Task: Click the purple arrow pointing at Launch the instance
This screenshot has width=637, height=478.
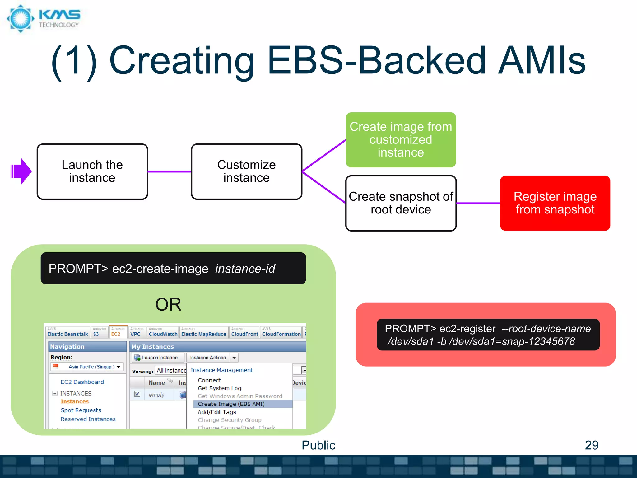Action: point(21,171)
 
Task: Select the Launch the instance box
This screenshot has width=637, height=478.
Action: point(92,171)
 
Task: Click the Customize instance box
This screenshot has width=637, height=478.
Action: point(246,171)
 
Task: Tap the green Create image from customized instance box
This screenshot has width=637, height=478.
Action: point(401,140)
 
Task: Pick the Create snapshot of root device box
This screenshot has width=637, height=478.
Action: point(401,203)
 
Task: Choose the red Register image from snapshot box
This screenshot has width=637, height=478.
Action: point(555,203)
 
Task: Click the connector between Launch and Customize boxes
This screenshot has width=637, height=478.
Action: point(169,171)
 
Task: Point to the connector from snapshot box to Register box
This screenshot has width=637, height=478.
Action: point(478,203)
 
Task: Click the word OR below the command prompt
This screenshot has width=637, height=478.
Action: point(168,304)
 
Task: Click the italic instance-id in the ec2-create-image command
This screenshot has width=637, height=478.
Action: point(245,269)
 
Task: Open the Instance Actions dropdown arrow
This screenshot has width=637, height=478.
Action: point(234,358)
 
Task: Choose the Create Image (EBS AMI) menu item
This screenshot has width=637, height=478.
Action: point(231,404)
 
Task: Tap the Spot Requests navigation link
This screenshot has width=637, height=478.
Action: point(81,410)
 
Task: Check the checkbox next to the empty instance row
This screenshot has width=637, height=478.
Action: point(137,394)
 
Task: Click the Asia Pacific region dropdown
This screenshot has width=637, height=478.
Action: point(87,367)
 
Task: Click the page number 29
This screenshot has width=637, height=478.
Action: point(592,445)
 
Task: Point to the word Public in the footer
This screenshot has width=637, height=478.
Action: point(318,445)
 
